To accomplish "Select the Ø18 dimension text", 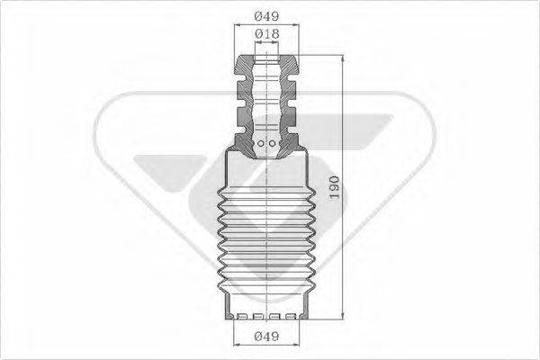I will coord(265,33).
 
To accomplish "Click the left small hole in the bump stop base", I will coord(259,141).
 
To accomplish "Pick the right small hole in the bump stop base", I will coord(274,141).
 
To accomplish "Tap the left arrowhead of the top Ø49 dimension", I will coord(238,24).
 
